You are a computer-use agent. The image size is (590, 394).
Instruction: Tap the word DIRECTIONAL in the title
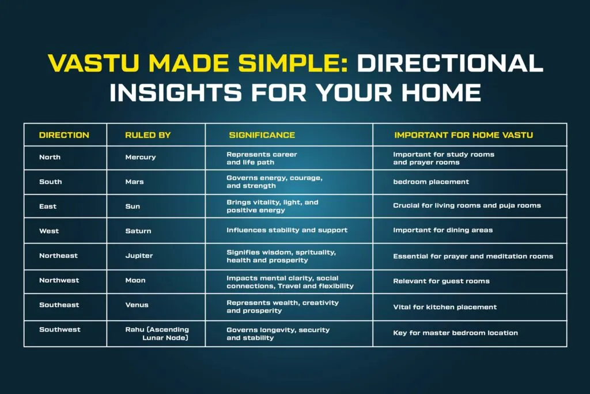click(450, 62)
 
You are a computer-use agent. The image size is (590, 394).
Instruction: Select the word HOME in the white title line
click(441, 92)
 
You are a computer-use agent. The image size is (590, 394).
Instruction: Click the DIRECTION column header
click(64, 135)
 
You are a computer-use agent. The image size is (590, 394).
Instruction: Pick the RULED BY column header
click(148, 135)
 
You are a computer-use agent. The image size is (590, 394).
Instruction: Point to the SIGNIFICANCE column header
click(262, 135)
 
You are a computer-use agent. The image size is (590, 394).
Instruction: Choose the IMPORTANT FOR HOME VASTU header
click(464, 135)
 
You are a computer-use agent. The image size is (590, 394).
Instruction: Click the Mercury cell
click(141, 157)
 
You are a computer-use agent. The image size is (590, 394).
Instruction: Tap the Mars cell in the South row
click(134, 182)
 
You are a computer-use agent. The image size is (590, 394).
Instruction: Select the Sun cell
click(133, 207)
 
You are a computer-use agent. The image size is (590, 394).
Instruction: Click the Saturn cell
click(138, 231)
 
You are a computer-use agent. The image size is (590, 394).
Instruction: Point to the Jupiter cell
click(139, 256)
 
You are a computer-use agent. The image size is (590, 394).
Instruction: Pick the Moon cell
click(135, 280)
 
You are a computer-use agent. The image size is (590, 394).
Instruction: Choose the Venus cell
click(137, 305)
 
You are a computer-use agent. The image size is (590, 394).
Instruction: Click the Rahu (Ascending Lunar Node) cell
click(157, 333)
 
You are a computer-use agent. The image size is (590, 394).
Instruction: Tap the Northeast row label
click(58, 256)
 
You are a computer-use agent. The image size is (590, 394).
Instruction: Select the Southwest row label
click(60, 329)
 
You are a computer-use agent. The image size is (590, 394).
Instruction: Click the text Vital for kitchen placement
click(445, 307)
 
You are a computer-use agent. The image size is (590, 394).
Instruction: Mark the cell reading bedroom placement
click(431, 182)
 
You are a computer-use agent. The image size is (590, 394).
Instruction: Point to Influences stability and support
click(287, 230)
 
